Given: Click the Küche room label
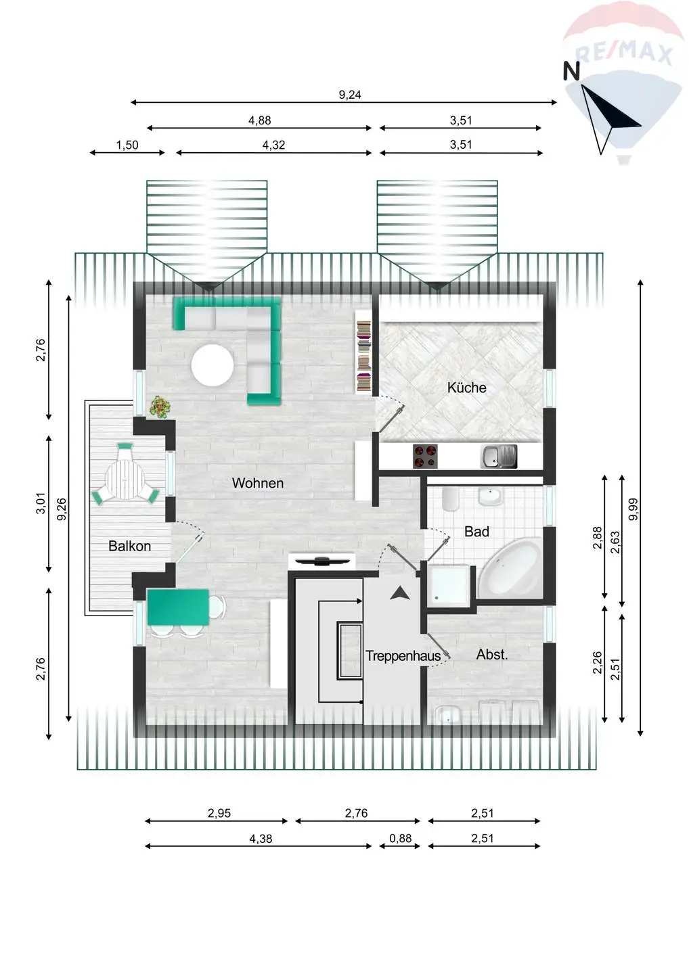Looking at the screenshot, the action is pos(467,388).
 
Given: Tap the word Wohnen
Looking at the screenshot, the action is pos(257,483).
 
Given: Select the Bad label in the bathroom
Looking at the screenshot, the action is pos(476,532).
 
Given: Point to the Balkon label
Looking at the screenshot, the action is pos(130,546).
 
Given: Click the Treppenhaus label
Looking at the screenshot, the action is pos(403,656).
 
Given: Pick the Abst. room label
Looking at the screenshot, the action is pos(492,655).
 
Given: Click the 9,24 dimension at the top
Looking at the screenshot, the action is pos(350,95).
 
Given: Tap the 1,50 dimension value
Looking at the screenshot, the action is pos(127,145).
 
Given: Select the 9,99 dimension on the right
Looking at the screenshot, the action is pos(634,509).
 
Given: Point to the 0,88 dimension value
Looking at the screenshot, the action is pos(400,838).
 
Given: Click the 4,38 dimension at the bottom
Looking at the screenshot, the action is pos(261,839).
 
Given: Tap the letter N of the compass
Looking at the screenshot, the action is pos(571,71).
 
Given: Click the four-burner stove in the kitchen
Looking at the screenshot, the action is pos(425,457).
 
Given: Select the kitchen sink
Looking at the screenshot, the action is pos(499,457).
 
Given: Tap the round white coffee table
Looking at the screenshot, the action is pos(213,365).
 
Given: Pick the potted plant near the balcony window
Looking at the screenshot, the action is pos(160,407).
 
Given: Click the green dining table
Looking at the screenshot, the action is pos(178,607).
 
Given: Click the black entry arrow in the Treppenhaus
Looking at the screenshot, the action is pos(400,593).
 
